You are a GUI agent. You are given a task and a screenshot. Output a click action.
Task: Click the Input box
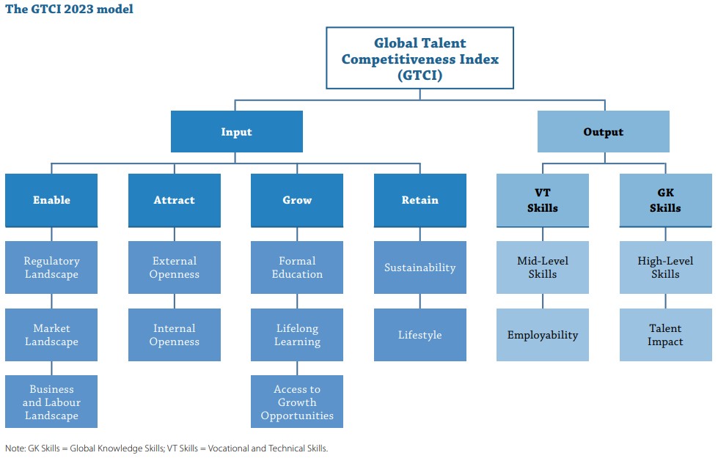pyautogui.click(x=237, y=131)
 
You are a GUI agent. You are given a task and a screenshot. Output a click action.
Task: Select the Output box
pyautogui.click(x=603, y=131)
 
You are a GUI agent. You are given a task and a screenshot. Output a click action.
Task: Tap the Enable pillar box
pyautogui.click(x=51, y=200)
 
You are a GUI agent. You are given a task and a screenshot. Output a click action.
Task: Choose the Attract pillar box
pyautogui.click(x=175, y=200)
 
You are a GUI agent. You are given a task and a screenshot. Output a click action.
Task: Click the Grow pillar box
pyautogui.click(x=297, y=200)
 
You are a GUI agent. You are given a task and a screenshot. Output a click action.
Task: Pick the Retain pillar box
pyautogui.click(x=420, y=200)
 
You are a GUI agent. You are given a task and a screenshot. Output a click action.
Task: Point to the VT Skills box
pyautogui.click(x=543, y=200)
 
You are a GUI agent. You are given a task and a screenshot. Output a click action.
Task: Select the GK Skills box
pyautogui.click(x=665, y=200)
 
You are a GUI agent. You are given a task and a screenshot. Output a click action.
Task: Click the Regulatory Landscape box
pyautogui.click(x=51, y=267)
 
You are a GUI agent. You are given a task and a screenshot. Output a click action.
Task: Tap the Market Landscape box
pyautogui.click(x=51, y=334)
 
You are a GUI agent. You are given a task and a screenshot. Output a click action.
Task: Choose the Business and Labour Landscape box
pyautogui.click(x=51, y=402)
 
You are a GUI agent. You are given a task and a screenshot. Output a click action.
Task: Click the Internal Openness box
pyautogui.click(x=175, y=334)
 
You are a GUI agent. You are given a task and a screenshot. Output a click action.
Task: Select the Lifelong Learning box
pyautogui.click(x=297, y=334)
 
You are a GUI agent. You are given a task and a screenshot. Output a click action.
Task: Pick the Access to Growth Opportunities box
pyautogui.click(x=297, y=402)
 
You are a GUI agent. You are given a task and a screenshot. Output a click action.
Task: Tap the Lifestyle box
pyautogui.click(x=420, y=334)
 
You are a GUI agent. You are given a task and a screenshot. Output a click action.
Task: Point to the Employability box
pyautogui.click(x=543, y=334)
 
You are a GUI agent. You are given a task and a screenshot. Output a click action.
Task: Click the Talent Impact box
pyautogui.click(x=665, y=334)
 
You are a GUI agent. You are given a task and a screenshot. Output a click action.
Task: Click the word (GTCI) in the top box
pyautogui.click(x=420, y=75)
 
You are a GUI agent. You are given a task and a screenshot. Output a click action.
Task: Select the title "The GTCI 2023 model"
pyautogui.click(x=69, y=9)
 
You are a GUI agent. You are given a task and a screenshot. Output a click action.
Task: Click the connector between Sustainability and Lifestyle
pyautogui.click(x=420, y=301)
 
